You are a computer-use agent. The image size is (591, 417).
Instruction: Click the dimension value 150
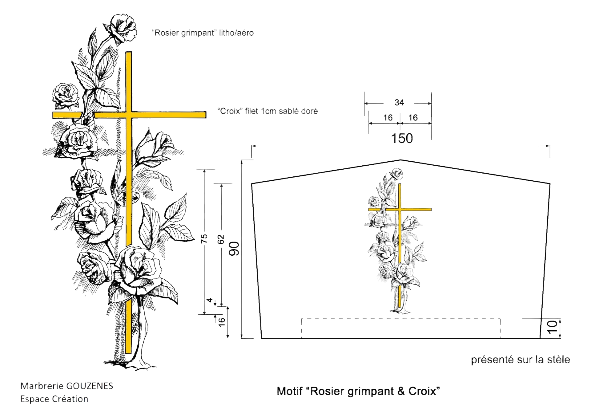click(x=402, y=138)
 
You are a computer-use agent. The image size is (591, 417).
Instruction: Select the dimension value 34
click(x=399, y=102)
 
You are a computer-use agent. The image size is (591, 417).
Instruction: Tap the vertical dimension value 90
click(x=234, y=248)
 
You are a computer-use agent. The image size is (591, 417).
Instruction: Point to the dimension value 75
click(x=204, y=238)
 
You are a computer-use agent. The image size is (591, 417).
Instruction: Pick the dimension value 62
click(x=221, y=239)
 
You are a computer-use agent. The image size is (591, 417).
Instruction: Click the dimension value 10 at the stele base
click(x=553, y=327)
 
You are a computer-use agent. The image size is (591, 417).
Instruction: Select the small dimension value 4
click(x=210, y=300)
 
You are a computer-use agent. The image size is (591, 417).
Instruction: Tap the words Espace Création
click(x=54, y=399)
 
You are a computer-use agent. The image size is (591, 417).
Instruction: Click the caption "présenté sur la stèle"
click(x=520, y=360)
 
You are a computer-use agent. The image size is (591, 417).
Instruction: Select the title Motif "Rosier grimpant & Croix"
click(x=358, y=391)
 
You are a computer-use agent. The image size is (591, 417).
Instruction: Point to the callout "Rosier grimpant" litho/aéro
click(x=203, y=33)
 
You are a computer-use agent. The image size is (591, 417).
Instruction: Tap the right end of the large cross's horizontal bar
click(x=206, y=115)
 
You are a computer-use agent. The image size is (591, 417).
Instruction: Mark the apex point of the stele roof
click(x=400, y=160)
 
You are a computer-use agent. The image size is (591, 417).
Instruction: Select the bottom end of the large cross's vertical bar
click(x=128, y=353)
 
